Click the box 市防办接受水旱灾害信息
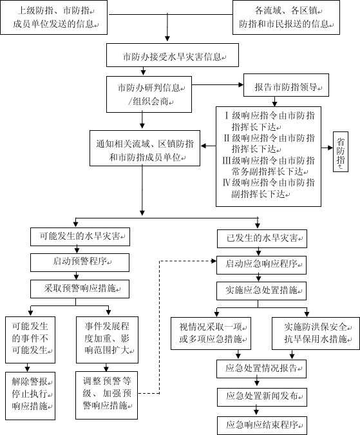click(173, 55)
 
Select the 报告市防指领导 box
click(286, 85)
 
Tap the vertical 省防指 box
click(340, 151)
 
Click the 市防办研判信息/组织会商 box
click(149, 94)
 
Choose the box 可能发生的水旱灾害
click(80, 237)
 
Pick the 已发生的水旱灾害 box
click(262, 238)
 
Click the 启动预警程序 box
click(80, 262)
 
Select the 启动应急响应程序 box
click(261, 266)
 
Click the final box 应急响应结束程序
click(262, 425)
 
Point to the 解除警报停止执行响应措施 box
click(30, 396)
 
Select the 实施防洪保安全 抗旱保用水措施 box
click(316, 333)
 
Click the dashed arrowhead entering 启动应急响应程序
click(214, 261)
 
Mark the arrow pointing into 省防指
click(327, 148)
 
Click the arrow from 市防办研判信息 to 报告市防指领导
click(218, 85)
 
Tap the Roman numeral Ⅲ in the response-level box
click(227, 160)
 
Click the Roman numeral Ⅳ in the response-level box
click(227, 182)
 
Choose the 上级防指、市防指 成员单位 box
click(53, 17)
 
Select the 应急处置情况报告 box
click(261, 369)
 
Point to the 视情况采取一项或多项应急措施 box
click(211, 333)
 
